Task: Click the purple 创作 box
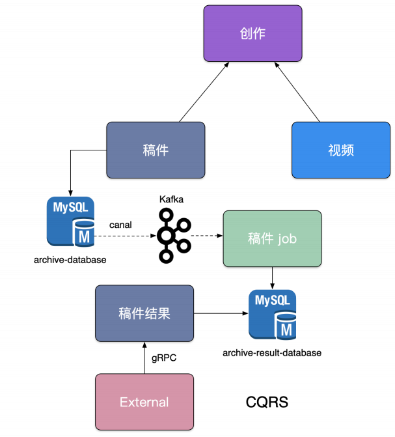[x=252, y=34]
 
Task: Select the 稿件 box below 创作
[x=156, y=150]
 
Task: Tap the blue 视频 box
[x=340, y=150]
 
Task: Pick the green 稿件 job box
[x=272, y=238]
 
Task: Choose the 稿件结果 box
[x=144, y=313]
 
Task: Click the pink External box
[x=144, y=402]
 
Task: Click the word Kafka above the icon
[x=171, y=199]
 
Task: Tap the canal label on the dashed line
[x=120, y=225]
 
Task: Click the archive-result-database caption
[x=272, y=353]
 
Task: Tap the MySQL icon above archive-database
[x=70, y=222]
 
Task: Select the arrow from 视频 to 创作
[x=297, y=92]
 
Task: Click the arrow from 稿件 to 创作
[x=205, y=92]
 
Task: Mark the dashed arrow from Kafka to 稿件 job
[x=207, y=236]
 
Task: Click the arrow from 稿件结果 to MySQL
[x=221, y=313]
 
